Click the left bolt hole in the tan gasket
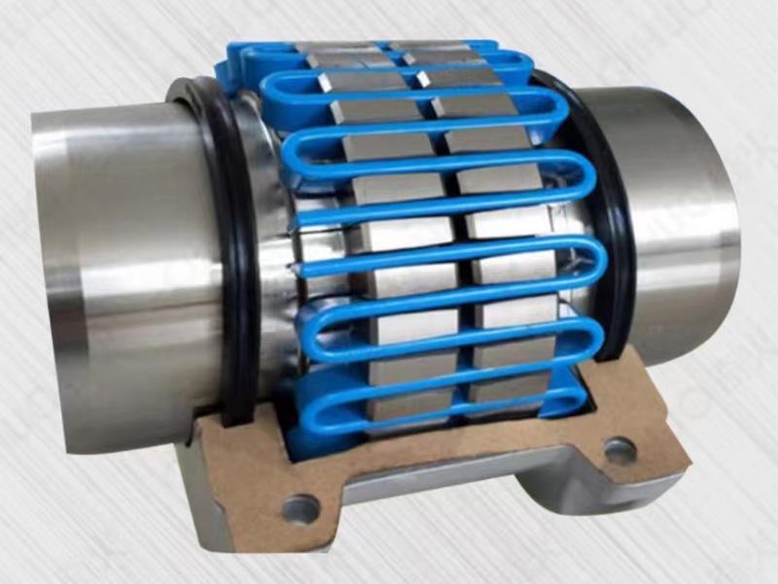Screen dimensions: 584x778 (x=299, y=507)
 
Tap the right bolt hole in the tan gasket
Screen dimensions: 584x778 (x=619, y=451)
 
